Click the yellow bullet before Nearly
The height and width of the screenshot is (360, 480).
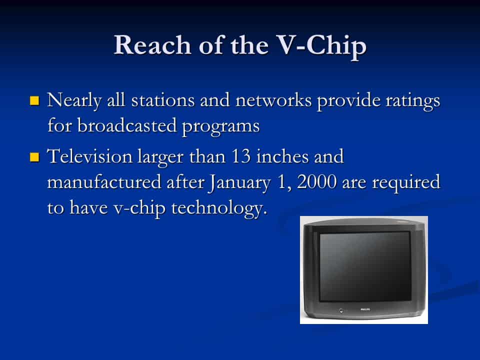point(34,100)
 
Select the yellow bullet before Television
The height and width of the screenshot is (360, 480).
point(34,157)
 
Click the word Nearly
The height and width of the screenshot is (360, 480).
point(74,100)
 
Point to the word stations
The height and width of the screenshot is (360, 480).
point(163,100)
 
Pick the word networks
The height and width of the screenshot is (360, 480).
point(273,100)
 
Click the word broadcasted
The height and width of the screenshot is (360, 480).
point(127,125)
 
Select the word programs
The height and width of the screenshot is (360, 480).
point(220,126)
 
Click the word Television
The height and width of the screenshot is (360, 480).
point(89,156)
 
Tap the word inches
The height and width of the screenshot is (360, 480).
point(282,156)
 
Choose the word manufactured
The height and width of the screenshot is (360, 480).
point(104,182)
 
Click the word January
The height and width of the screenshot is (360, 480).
point(240,183)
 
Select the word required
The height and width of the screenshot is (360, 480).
point(406,183)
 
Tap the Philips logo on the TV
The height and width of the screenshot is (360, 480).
point(365,310)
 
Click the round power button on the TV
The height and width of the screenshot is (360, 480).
point(341,311)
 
